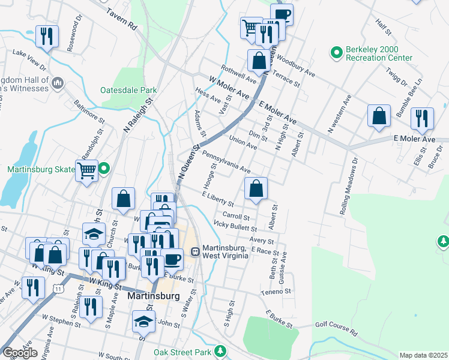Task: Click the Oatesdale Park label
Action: [x=128, y=91]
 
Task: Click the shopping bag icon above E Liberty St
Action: [x=256, y=188]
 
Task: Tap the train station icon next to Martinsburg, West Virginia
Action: [x=195, y=252]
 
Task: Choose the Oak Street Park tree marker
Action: [x=221, y=350]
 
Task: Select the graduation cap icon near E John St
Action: [x=144, y=322]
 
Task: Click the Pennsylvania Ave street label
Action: [x=226, y=161]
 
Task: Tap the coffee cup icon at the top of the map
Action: [x=281, y=14]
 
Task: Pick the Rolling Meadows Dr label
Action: [x=351, y=179]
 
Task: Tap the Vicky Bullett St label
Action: [x=235, y=227]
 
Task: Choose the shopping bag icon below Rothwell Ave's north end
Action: [x=259, y=61]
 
